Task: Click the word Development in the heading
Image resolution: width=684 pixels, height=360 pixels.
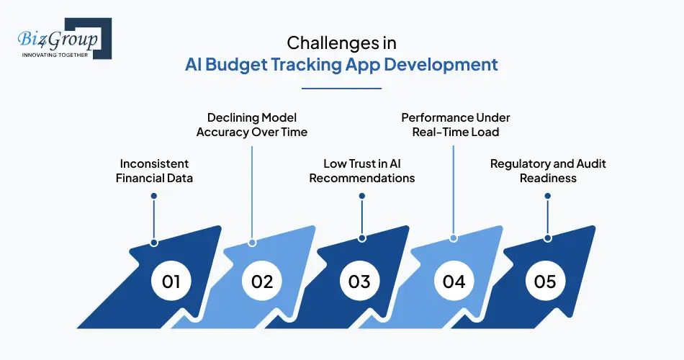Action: (440, 64)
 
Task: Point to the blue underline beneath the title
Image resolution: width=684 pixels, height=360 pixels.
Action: (341, 88)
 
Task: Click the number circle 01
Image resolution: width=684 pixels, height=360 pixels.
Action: (171, 280)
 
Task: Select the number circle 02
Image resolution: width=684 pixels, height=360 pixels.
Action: (262, 280)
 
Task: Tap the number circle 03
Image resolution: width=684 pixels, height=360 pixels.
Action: (359, 280)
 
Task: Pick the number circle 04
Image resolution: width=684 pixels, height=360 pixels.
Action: (454, 280)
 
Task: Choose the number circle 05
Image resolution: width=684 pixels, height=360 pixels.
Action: (546, 280)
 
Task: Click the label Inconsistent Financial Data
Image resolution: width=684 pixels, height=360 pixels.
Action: (155, 171)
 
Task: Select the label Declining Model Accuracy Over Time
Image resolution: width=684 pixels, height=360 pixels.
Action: (252, 125)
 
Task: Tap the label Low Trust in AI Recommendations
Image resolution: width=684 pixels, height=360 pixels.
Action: (361, 171)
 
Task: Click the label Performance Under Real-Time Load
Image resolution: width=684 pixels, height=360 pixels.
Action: (456, 125)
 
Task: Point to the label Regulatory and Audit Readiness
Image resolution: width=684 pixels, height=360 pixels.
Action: (548, 171)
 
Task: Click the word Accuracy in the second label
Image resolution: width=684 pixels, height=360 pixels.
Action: (222, 132)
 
